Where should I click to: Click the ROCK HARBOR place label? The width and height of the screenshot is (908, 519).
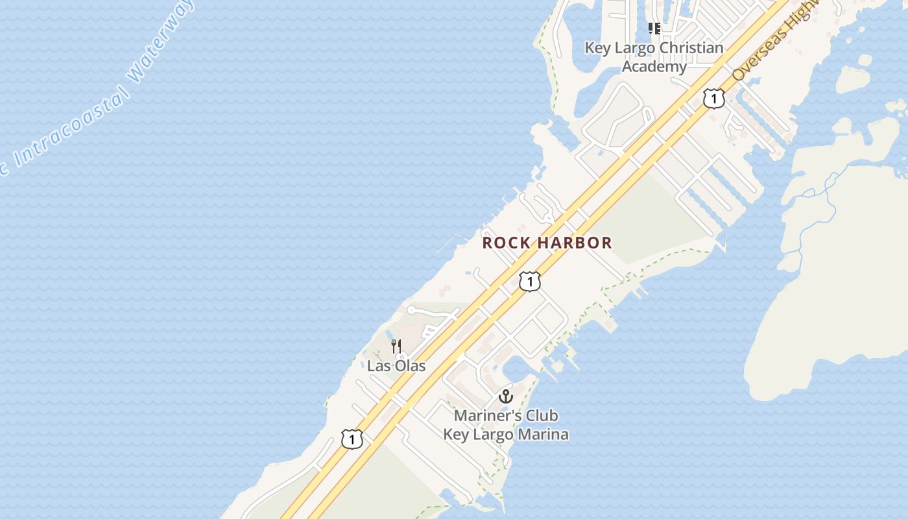(x=547, y=243)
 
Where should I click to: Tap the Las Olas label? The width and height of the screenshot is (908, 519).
(x=396, y=365)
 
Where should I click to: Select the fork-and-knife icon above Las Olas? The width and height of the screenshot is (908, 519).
(x=396, y=346)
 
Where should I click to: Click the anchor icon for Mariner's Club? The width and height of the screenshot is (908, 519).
(x=505, y=396)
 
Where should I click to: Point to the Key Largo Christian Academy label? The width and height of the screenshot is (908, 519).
(x=654, y=57)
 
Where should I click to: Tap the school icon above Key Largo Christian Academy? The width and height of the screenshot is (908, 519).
(x=654, y=29)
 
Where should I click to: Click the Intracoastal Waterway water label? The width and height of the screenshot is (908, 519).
(x=97, y=91)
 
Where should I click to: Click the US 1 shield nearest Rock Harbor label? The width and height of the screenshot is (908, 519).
(x=530, y=282)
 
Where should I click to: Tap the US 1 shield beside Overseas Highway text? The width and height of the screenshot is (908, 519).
(x=713, y=99)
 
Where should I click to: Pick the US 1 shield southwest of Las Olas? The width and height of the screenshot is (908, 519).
(x=352, y=439)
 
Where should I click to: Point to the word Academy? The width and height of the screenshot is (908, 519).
(x=654, y=66)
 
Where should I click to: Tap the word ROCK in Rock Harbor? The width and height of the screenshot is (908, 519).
(x=503, y=243)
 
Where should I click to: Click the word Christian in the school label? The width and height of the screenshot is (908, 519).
(x=687, y=48)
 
